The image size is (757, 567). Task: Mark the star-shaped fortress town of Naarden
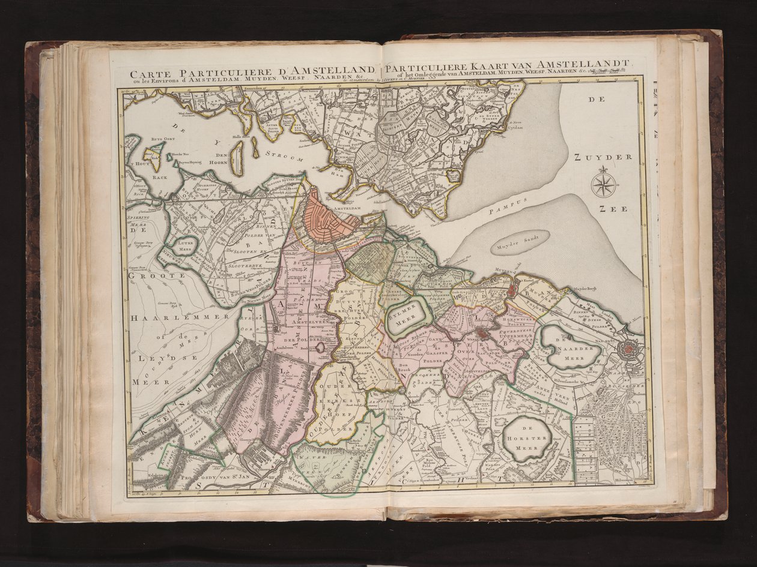(x=628, y=347)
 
